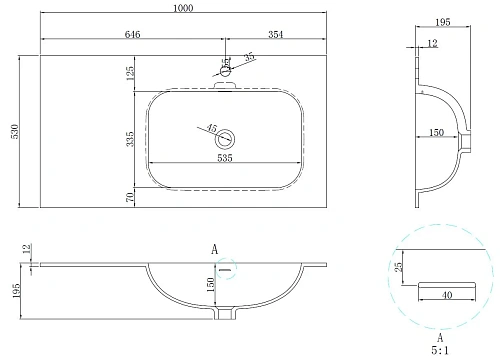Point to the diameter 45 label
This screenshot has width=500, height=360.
click(210, 127)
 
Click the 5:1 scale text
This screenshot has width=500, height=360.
click(437, 349)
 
